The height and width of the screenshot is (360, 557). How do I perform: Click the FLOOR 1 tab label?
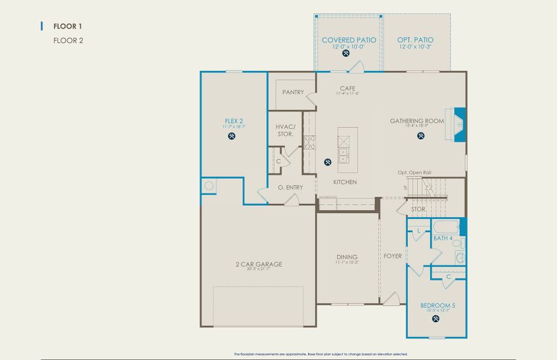67,26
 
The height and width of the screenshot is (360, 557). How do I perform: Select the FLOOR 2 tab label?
67,41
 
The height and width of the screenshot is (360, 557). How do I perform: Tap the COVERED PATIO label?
348,40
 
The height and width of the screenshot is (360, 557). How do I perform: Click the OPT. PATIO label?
415,40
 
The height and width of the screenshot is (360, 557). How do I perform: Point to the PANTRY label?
293,92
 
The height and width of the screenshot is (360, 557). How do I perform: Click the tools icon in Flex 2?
232,136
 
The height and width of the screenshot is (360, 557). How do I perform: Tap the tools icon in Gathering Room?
420,136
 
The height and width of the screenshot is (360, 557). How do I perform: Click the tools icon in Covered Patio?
346,53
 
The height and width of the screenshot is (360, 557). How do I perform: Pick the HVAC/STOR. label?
285,130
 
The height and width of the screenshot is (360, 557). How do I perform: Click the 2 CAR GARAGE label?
258,264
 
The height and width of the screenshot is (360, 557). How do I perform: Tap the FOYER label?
393,256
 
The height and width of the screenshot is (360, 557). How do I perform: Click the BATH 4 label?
443,239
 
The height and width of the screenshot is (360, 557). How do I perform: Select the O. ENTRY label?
290,187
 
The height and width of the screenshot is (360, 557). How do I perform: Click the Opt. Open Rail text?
414,172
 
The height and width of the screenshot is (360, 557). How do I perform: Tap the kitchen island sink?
344,157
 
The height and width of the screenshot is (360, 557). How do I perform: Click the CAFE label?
348,88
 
